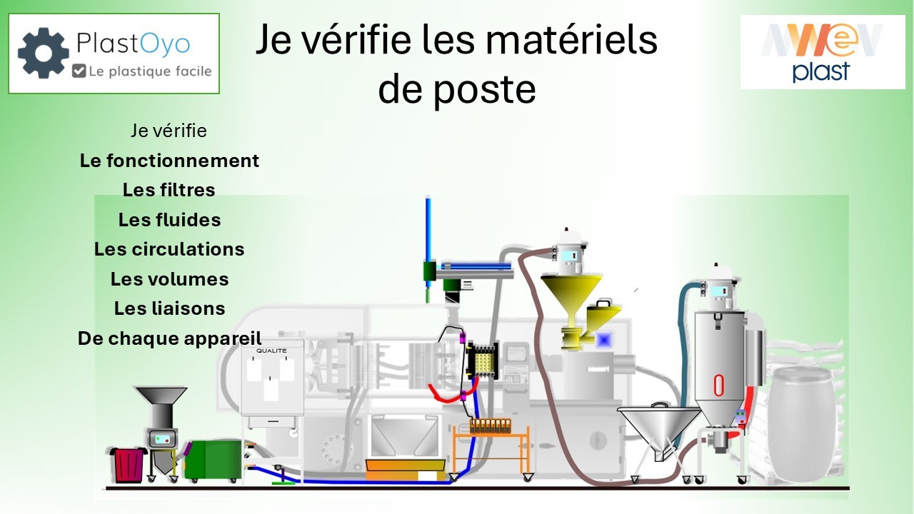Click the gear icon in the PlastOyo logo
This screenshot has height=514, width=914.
[x=43, y=52]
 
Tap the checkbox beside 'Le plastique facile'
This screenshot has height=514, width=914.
[x=79, y=71]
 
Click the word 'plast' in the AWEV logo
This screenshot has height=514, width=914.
[x=821, y=71]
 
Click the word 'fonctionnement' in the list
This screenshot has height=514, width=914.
[x=182, y=161]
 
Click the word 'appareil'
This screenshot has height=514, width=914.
[x=223, y=338]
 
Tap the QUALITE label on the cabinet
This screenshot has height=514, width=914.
[x=271, y=351]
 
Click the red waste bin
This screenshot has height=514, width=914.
[x=129, y=463]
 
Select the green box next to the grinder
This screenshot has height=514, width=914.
[x=212, y=460]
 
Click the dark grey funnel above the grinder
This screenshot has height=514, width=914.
[x=161, y=400]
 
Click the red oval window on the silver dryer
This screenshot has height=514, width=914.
[x=718, y=385]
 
